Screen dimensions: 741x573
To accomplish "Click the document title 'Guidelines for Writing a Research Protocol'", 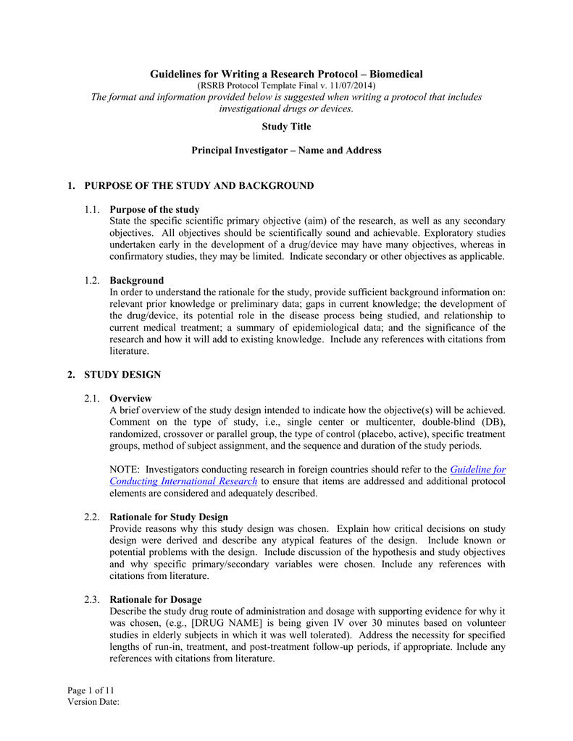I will [285, 75].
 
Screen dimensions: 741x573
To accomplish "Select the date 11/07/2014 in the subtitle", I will [351, 86].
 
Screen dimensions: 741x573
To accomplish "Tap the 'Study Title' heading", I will [286, 127].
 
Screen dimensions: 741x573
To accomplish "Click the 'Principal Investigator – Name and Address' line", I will [286, 151].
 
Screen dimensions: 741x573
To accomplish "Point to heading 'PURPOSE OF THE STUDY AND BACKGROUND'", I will [198, 186].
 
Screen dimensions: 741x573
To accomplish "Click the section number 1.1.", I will [91, 210].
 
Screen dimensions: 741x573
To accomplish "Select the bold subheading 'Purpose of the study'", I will [154, 210].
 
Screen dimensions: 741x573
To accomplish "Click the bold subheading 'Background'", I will [136, 280].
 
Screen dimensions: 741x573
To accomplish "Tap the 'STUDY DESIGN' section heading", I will [122, 374].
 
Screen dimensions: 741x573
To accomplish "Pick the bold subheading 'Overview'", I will [130, 398].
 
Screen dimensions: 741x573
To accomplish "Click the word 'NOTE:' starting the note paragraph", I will [124, 469].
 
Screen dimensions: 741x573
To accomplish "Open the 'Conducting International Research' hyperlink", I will [183, 481].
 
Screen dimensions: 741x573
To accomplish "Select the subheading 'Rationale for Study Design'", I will [169, 517].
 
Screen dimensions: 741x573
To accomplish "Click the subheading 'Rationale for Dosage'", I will [155, 599].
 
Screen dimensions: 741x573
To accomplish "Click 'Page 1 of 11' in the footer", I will [91, 690].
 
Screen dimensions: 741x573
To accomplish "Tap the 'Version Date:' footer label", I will [93, 701].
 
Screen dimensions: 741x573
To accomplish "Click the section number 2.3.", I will [91, 599].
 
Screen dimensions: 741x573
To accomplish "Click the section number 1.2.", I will [91, 280].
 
